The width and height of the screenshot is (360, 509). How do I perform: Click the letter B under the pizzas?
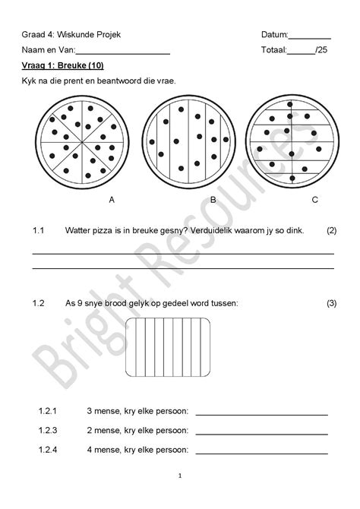(x=213, y=200)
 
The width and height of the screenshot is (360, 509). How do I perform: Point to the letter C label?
(x=314, y=200)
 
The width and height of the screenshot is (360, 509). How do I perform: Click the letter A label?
(x=112, y=200)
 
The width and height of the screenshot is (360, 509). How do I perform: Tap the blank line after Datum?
(x=310, y=36)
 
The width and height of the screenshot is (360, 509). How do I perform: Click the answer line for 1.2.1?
(x=261, y=414)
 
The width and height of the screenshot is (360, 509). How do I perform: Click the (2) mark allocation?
(x=331, y=229)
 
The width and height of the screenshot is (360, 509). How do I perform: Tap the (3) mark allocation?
(x=331, y=303)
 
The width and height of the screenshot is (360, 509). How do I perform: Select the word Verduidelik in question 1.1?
(x=215, y=229)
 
